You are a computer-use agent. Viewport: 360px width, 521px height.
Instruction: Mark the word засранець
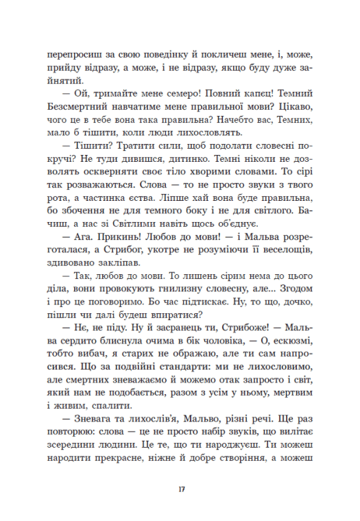181,372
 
